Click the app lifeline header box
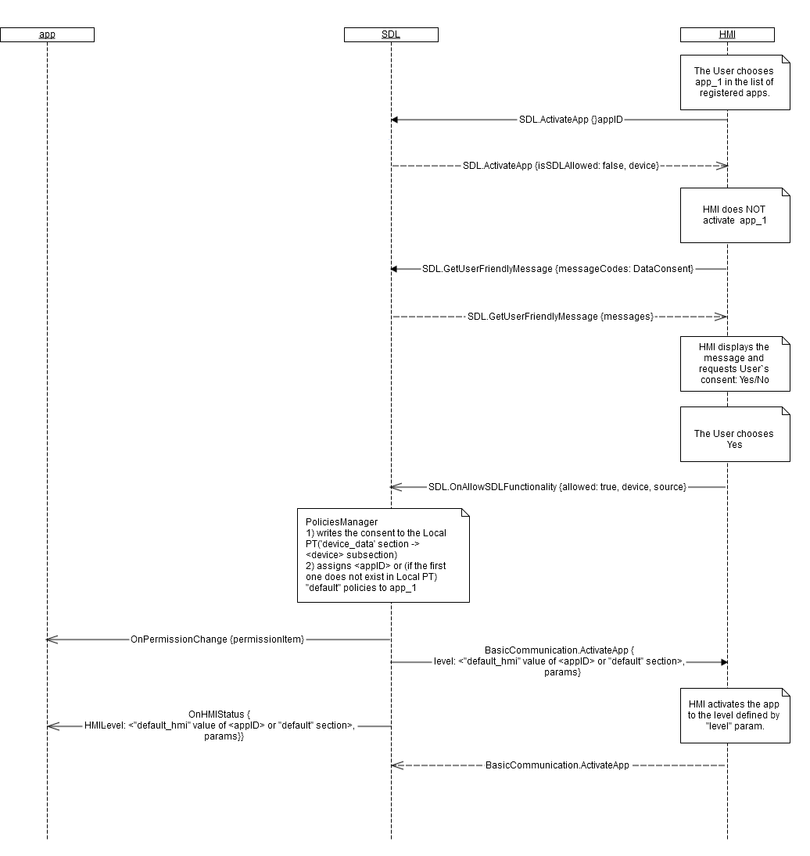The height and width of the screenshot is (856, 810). coord(47,34)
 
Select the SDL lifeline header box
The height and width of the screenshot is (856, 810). coord(391,34)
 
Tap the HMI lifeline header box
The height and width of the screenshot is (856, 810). coord(727,34)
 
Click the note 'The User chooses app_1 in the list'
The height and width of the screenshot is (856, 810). coord(734,82)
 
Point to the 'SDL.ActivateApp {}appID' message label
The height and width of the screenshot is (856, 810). coord(571,120)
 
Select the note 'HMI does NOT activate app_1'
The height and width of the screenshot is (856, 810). coord(734,215)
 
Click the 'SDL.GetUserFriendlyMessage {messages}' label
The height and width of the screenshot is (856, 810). coord(561,316)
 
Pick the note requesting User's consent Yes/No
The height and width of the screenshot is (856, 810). coord(734,364)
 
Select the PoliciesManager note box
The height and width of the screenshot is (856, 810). coord(383,555)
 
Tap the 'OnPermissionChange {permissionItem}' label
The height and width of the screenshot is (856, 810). coord(217,639)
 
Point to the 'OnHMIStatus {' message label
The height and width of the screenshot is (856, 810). coord(219,715)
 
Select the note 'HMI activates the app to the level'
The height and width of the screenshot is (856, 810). coord(734,715)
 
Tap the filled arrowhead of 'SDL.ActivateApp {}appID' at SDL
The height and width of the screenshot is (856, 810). coord(395,120)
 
